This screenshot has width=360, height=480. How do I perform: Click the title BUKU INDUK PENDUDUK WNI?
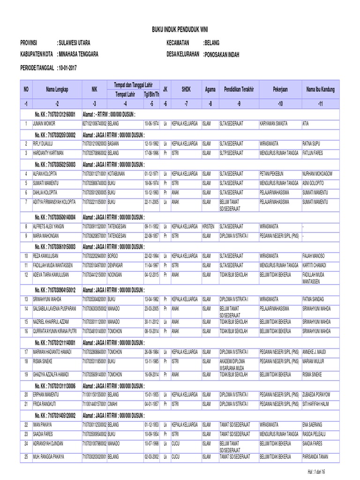tap(180, 29)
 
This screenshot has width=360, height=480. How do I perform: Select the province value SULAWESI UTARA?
tap(74, 43)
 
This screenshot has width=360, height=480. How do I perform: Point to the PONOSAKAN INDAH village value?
tap(221, 55)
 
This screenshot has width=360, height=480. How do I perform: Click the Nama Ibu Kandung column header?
tap(321, 89)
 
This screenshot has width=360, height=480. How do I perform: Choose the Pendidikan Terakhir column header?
tap(239, 89)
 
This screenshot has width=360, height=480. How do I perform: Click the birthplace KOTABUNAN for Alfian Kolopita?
tap(117, 174)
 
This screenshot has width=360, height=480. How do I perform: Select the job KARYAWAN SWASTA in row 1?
tap(276, 123)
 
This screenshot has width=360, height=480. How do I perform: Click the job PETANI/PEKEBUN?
tap(274, 174)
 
